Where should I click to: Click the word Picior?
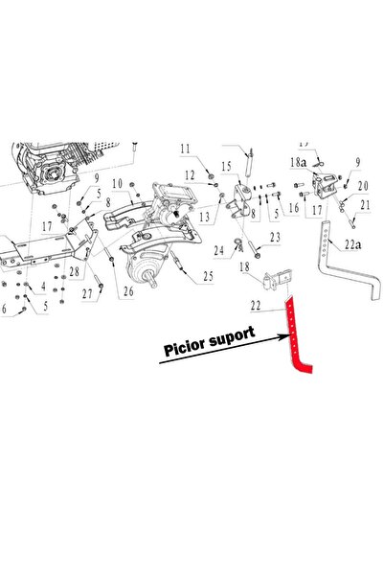point(184,346)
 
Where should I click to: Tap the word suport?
point(232,336)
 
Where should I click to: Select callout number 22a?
point(352,244)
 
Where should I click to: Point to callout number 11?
point(186,149)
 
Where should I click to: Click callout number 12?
point(190,175)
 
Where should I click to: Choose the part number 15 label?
point(227,167)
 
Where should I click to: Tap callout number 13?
point(205,217)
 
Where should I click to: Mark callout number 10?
point(117,184)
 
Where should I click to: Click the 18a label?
point(298,162)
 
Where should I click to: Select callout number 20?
point(363,186)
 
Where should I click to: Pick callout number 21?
point(365,205)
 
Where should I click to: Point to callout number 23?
point(276,238)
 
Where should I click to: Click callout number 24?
point(218,250)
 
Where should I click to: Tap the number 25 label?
point(208,276)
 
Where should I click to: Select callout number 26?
point(128,291)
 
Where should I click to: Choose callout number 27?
point(87,293)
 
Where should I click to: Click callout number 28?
point(75,271)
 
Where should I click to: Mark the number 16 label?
point(294,208)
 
